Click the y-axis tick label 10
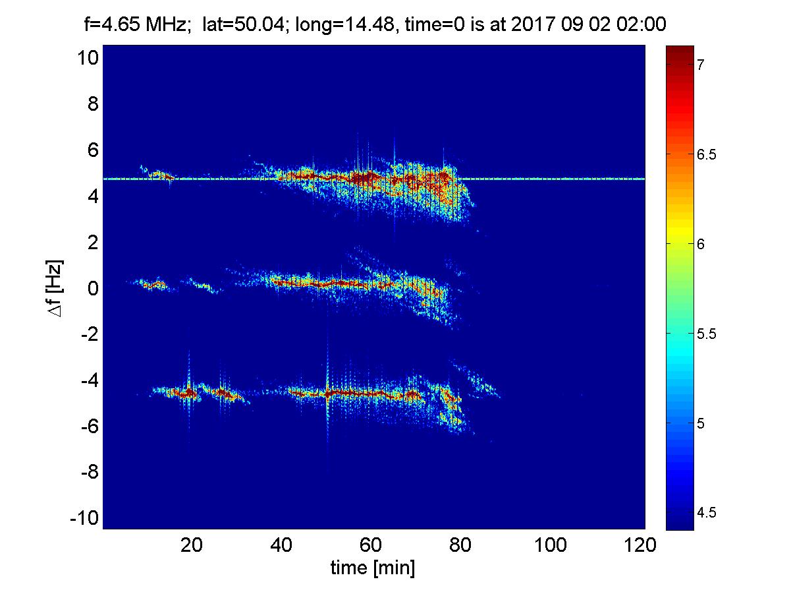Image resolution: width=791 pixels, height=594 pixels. point(88,58)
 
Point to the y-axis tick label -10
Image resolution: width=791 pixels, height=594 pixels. point(84,518)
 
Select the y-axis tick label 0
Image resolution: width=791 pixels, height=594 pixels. point(92,288)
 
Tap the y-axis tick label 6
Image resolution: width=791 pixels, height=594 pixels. point(92,150)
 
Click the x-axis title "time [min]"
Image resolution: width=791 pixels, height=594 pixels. point(373,568)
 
